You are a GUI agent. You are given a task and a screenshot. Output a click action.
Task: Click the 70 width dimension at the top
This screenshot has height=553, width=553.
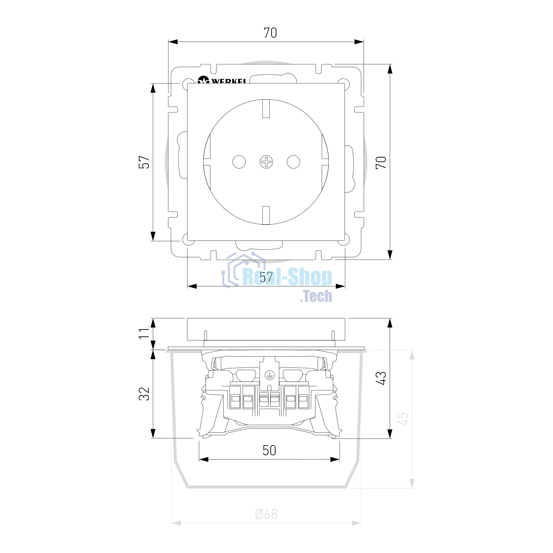270,33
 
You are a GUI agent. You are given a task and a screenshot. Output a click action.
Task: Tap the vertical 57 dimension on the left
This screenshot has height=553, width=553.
144,162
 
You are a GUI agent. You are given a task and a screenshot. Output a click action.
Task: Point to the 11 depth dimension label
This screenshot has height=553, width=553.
144,333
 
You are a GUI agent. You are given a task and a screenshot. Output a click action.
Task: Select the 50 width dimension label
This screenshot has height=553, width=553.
269,450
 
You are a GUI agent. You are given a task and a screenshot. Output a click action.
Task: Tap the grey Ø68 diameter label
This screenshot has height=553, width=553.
267,514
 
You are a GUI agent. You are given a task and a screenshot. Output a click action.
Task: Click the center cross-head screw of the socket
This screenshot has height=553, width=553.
266,162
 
